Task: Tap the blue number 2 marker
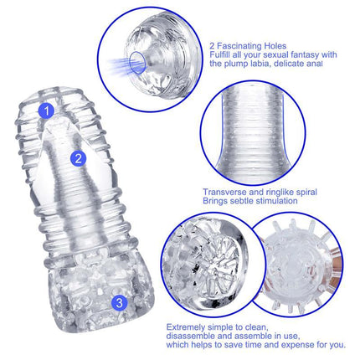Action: click(x=77, y=157)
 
